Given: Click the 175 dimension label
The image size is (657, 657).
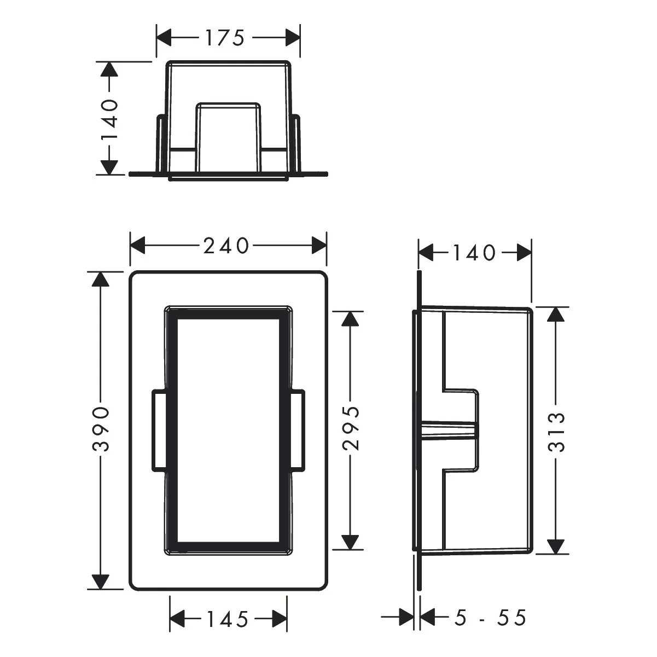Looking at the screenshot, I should click(224, 38).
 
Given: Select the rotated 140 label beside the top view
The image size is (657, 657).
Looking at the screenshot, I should click(109, 120).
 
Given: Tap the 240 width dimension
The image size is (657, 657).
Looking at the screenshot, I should click(226, 246).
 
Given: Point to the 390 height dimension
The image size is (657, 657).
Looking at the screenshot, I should click(101, 429).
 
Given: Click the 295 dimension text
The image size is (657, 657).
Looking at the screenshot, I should click(350, 428).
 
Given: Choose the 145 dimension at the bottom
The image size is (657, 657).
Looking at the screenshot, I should click(228, 619).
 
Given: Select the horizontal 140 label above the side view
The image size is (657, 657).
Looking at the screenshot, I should click(474, 253).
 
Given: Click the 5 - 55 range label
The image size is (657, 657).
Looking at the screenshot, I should click(490, 619).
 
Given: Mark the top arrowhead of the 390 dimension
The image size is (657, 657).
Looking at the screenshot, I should click(100, 280).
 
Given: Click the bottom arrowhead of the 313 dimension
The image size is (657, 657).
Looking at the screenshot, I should click(556, 546).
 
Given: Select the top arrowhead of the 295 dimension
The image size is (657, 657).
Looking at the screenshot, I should click(350, 319).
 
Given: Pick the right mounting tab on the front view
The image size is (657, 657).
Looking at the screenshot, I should click(299, 430).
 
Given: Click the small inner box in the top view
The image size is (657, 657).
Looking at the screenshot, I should click(228, 134).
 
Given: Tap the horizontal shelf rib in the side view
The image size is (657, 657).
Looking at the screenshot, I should click(450, 430).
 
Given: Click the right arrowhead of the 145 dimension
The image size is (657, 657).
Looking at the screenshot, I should click(280, 619).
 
